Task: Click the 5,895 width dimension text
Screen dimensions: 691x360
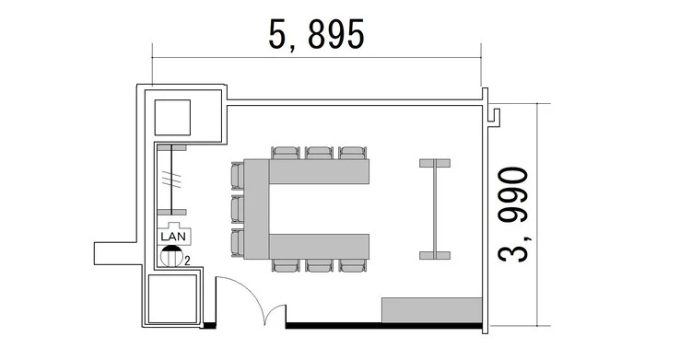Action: (316, 34)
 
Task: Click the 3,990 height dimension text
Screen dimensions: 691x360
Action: (512, 215)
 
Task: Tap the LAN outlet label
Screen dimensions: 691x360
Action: (173, 237)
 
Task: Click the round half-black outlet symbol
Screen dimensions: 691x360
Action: (171, 256)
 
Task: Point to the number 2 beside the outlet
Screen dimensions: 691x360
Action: (187, 261)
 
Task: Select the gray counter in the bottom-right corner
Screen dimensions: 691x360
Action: (431, 310)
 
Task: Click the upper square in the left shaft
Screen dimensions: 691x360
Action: (172, 117)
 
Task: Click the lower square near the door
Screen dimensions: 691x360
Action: (172, 299)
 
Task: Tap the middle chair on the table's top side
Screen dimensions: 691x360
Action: (320, 153)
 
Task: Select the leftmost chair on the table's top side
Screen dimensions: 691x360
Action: (286, 153)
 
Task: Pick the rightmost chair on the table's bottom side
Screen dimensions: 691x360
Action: (353, 265)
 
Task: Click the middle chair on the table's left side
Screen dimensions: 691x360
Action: (238, 209)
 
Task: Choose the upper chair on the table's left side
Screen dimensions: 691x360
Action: (238, 176)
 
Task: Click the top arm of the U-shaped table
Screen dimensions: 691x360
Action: (319, 171)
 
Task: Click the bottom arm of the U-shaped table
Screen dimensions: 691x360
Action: (319, 247)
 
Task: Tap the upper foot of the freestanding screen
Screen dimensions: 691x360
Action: (435, 164)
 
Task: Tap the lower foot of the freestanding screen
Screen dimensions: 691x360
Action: (435, 256)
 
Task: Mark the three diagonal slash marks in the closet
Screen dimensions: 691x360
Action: (171, 180)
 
